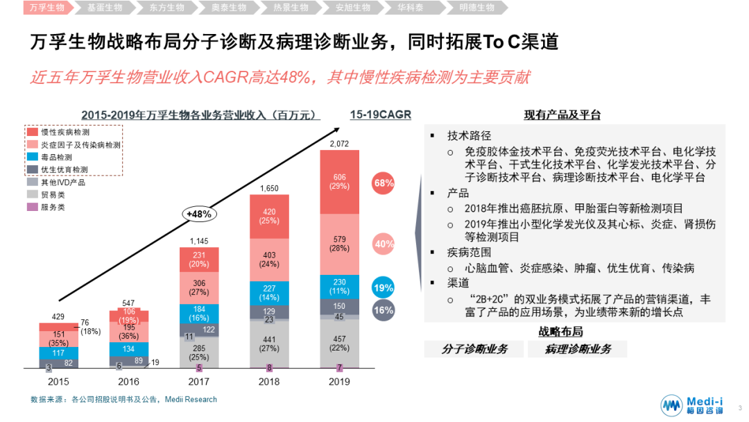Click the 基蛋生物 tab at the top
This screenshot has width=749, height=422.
click(105, 8)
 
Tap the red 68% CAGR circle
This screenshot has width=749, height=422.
click(384, 183)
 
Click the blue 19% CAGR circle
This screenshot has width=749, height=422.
click(384, 288)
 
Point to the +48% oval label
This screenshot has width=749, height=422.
click(199, 214)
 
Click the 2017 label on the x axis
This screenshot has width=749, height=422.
click(199, 382)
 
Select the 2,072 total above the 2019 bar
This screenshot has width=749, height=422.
click(339, 144)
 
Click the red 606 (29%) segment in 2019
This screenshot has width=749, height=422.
click(339, 182)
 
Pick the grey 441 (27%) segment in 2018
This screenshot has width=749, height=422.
click(269, 344)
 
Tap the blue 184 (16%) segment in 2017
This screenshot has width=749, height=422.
click(199, 313)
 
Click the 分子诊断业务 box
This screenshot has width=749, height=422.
click(474, 349)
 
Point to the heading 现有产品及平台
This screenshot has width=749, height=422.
click(562, 115)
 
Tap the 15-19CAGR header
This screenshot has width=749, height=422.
click(381, 115)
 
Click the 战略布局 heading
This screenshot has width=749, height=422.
click(561, 332)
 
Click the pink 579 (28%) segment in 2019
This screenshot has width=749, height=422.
click(339, 244)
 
